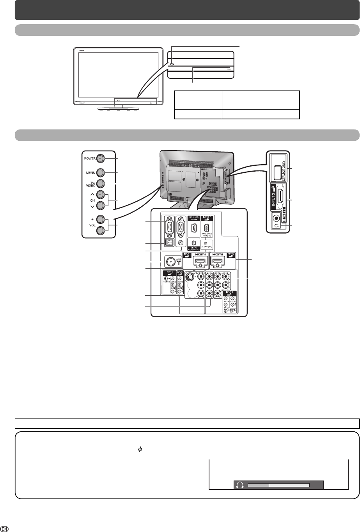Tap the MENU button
point(100,172)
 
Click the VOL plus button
point(100,219)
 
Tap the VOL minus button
point(100,230)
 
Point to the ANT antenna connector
point(170,261)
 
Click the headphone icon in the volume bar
point(240,485)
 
